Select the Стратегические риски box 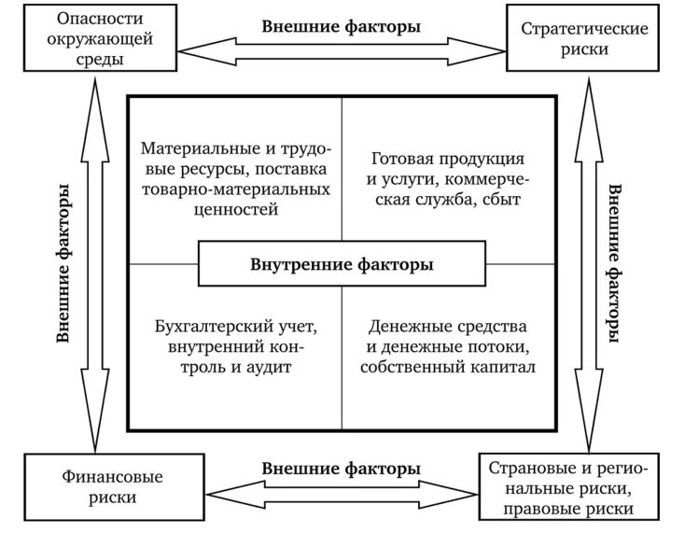pos(585,38)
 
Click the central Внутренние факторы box pos(342,264)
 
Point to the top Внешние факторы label pos(341,26)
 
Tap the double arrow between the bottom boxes pos(341,492)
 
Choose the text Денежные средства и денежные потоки pos(448,337)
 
